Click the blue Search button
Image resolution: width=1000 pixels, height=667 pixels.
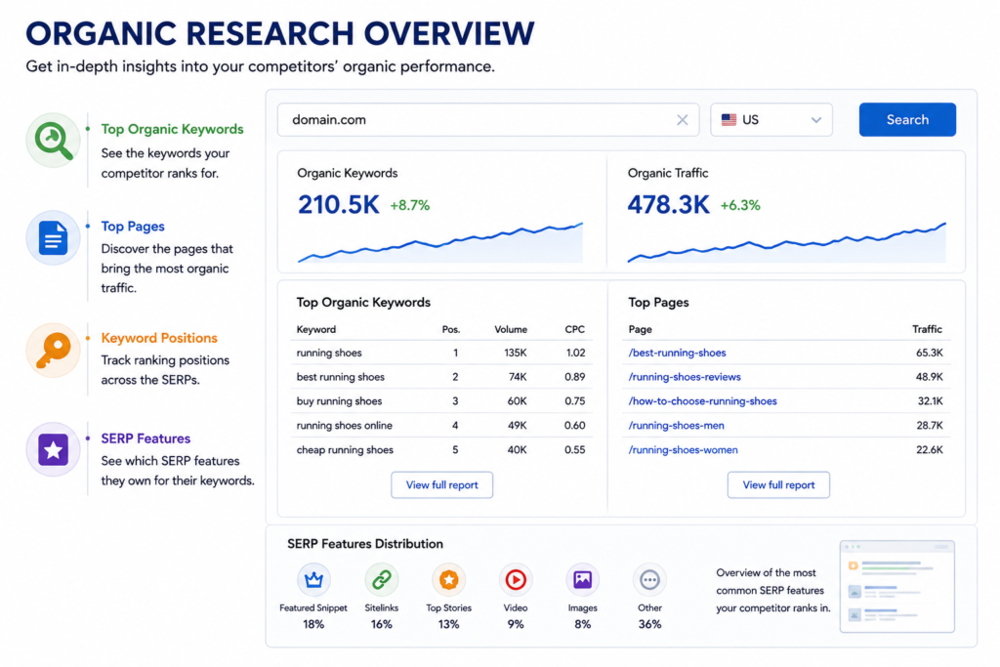[x=907, y=119]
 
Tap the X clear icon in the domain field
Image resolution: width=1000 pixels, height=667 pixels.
[x=682, y=120]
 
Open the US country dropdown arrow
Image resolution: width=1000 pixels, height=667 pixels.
[x=815, y=120]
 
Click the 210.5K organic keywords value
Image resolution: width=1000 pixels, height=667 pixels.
[x=338, y=205]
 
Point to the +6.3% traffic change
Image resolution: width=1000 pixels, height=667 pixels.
[x=740, y=205]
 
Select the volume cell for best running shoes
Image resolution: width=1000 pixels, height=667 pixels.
[x=518, y=377]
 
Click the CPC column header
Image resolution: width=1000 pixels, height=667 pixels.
[x=574, y=329]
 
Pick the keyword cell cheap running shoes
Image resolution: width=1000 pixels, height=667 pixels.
[x=345, y=449]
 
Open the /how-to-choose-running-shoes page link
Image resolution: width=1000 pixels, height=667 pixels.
[x=702, y=401]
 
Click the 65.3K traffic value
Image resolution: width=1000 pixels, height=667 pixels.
[x=930, y=353]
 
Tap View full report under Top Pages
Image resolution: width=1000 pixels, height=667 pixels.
[x=778, y=484]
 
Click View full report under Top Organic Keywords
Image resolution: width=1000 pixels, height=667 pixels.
[x=441, y=484]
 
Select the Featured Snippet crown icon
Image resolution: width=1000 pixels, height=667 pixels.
[x=313, y=579]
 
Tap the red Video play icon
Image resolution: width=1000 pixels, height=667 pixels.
[x=516, y=579]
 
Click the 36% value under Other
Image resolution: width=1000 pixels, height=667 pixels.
[x=649, y=624]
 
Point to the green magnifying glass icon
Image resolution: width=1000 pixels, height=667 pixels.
[x=53, y=141]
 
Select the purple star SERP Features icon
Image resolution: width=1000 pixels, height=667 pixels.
[x=53, y=449]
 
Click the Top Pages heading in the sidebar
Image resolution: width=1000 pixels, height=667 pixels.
[x=133, y=227]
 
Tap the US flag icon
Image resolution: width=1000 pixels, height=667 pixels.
[x=729, y=120]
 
